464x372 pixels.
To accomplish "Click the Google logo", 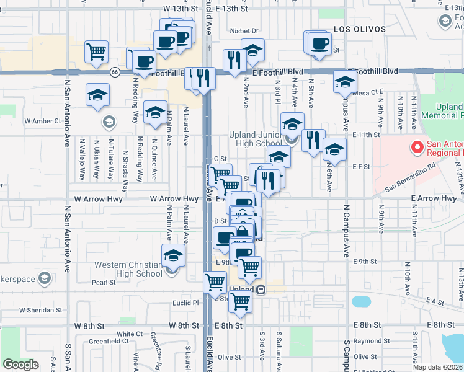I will click(x=20, y=365).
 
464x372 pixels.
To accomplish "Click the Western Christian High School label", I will click(x=128, y=269).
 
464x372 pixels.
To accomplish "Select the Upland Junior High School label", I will click(x=255, y=139).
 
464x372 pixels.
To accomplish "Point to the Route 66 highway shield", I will click(x=115, y=72).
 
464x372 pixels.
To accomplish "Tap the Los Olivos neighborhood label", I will click(x=355, y=29).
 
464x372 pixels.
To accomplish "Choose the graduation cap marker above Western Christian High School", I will click(x=173, y=255).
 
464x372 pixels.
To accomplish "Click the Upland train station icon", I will click(x=261, y=290).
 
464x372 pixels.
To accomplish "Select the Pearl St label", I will click(x=104, y=282).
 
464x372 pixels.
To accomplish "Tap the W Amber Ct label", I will click(x=42, y=121).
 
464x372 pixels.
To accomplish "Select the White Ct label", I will click(x=130, y=334).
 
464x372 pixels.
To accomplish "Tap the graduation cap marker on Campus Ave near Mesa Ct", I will click(x=345, y=81).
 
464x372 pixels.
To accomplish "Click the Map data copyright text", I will click(x=438, y=367).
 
